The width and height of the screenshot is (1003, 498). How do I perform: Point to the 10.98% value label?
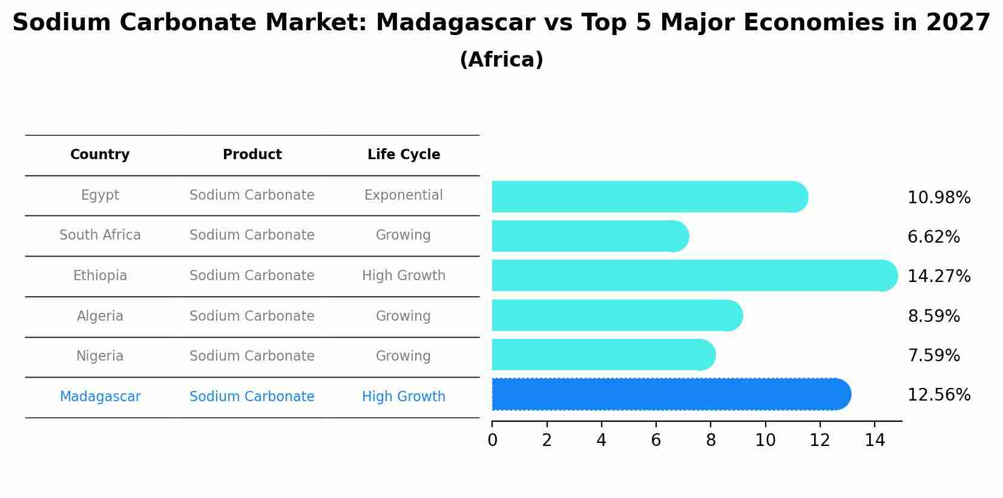click(938, 198)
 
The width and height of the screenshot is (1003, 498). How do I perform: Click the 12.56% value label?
click(938, 395)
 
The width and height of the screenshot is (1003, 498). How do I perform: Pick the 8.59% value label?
click(933, 316)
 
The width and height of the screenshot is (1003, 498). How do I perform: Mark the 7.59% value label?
click(933, 356)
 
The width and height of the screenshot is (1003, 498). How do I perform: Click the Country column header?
click(100, 155)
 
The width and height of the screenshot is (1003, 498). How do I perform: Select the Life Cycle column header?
click(404, 155)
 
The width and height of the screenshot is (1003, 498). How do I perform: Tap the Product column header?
click(252, 155)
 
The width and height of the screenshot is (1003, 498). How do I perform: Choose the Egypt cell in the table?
click(100, 195)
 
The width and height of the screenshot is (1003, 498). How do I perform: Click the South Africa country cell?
click(100, 235)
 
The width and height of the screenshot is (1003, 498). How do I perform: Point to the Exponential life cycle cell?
click(404, 195)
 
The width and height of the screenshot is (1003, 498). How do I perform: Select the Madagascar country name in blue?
click(100, 397)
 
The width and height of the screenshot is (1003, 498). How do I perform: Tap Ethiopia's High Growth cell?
click(404, 276)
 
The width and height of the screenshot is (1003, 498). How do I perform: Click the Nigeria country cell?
click(100, 356)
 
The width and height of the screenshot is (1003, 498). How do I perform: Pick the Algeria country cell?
click(100, 316)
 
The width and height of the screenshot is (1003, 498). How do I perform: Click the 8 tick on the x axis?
click(711, 441)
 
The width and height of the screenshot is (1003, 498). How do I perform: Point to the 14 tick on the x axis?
click(875, 441)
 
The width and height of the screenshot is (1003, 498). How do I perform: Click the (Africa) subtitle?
click(501, 60)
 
